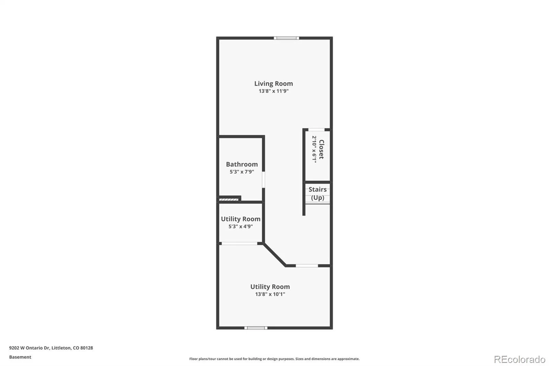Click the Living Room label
(x=273, y=84)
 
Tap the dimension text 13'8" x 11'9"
(x=273, y=91)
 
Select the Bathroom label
(x=242, y=164)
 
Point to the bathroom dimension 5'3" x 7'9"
(x=242, y=172)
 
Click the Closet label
(x=322, y=149)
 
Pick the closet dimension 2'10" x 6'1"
(x=314, y=149)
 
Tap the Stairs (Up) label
(x=318, y=194)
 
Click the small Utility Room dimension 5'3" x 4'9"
(x=241, y=226)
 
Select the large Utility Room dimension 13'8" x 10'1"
(x=270, y=294)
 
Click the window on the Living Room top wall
(x=287, y=38)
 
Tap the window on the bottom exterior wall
(x=256, y=328)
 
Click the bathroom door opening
(x=264, y=180)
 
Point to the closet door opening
(x=316, y=129)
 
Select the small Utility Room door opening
(x=240, y=243)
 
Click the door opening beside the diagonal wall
(x=307, y=266)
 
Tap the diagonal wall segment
(x=274, y=255)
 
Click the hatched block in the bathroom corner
(x=229, y=200)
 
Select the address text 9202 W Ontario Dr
(x=30, y=348)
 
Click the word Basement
(x=20, y=357)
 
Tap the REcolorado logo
(x=519, y=359)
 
